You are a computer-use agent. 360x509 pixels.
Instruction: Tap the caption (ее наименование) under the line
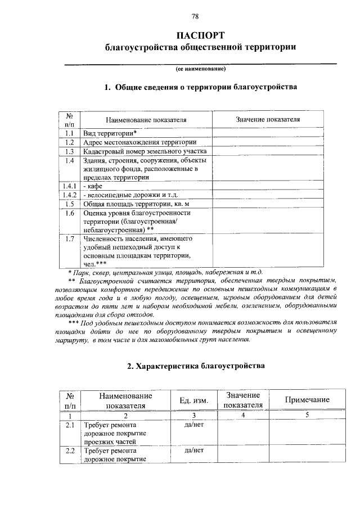[x=200, y=69]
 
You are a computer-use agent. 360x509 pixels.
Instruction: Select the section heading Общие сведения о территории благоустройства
[x=200, y=88]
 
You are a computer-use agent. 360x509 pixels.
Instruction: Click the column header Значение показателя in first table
[x=268, y=119]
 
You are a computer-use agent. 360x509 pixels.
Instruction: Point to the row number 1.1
[x=70, y=133]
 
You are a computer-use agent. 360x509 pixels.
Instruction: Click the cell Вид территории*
[x=110, y=133]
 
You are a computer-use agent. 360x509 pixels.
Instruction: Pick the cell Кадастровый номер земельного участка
[x=145, y=151]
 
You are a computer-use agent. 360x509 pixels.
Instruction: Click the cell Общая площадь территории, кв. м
[x=137, y=204]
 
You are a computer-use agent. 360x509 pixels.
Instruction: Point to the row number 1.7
[x=70, y=240]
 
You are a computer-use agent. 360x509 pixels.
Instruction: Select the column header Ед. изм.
[x=193, y=400]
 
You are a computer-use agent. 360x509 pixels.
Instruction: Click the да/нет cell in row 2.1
[x=193, y=425]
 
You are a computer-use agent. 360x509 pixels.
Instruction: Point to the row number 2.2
[x=70, y=451]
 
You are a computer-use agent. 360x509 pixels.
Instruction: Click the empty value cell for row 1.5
[x=268, y=204]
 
